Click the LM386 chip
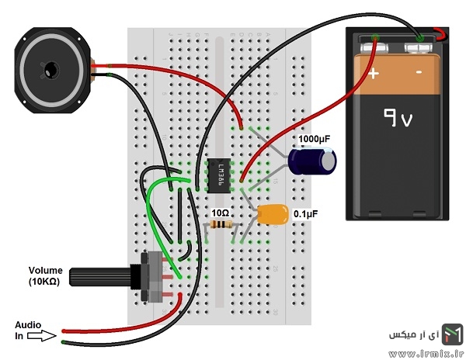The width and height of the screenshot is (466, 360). (218, 175)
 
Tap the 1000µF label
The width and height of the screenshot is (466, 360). (314, 139)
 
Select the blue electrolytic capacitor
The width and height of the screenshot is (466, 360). (312, 161)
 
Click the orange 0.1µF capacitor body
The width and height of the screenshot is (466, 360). (273, 214)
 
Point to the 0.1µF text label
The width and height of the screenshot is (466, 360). (305, 213)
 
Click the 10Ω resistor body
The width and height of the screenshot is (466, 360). (221, 224)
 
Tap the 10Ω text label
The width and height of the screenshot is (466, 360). (221, 213)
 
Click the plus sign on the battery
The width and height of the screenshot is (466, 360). (374, 73)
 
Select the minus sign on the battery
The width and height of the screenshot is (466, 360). (419, 72)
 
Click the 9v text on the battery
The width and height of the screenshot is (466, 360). (398, 117)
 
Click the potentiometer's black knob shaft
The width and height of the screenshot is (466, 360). (100, 277)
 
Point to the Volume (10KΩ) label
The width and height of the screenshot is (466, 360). (46, 275)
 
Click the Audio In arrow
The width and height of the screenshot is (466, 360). (42, 336)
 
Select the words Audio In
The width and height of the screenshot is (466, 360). (28, 331)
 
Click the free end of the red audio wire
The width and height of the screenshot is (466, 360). (64, 331)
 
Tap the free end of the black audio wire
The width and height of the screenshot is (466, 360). (64, 342)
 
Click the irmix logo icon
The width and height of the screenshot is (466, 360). (452, 334)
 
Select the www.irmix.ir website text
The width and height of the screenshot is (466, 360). (426, 353)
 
